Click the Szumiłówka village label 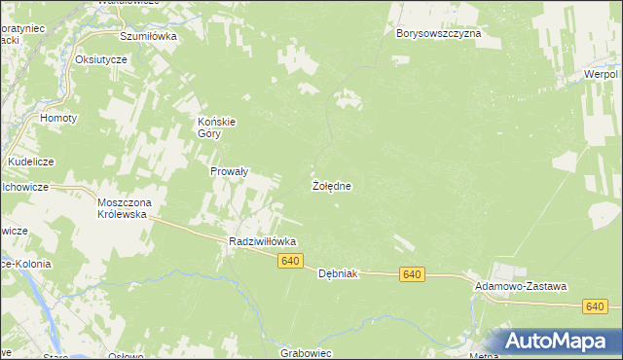click(147, 36)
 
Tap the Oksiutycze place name click(101, 59)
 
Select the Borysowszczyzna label click(439, 33)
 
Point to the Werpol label click(602, 74)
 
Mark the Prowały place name click(231, 171)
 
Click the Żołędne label click(331, 185)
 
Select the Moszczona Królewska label click(122, 208)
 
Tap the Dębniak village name click(339, 274)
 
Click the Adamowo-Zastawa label click(520, 287)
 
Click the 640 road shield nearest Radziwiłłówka click(291, 261)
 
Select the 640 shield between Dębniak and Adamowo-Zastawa click(412, 275)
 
